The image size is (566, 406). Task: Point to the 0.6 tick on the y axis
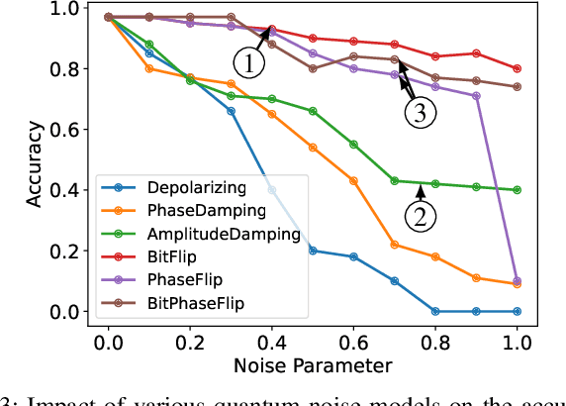pos(66,129)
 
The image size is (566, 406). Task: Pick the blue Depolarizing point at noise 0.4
pos(272,189)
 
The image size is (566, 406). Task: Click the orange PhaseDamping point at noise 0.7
pos(395,245)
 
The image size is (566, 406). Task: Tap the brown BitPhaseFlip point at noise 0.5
pos(313,68)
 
